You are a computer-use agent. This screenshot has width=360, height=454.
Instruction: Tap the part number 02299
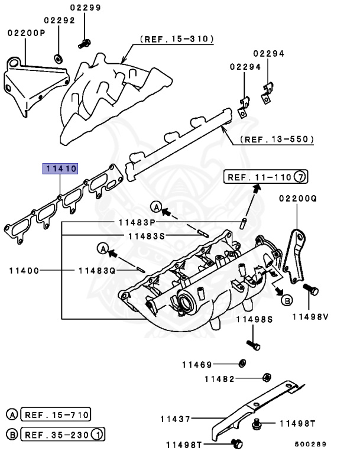click(x=86, y=8)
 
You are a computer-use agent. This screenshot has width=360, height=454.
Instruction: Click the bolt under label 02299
click(x=85, y=43)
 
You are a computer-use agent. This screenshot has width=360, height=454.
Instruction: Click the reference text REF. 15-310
click(x=177, y=39)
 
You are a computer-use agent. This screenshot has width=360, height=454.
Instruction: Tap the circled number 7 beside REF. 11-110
click(x=301, y=176)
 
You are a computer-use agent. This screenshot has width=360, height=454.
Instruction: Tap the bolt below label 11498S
click(x=252, y=345)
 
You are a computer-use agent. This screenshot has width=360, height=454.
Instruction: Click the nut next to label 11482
click(x=266, y=377)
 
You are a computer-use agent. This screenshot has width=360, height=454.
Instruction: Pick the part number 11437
click(x=175, y=419)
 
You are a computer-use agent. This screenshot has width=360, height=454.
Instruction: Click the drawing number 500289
click(x=310, y=445)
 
